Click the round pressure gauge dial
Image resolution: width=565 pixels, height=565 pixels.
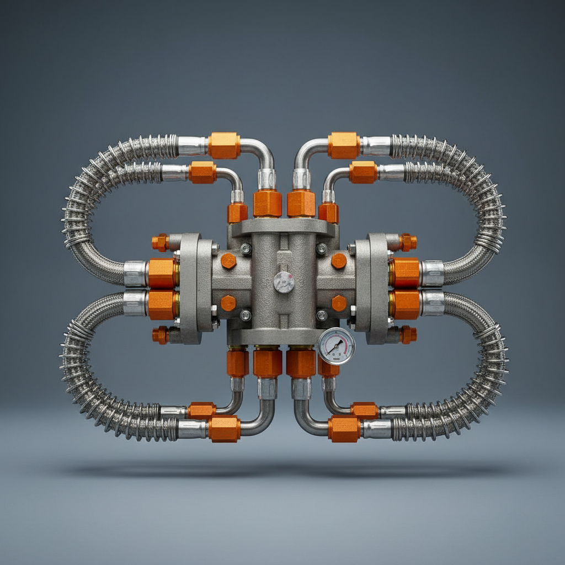(x=336, y=346)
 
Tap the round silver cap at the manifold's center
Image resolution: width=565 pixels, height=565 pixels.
(x=284, y=282)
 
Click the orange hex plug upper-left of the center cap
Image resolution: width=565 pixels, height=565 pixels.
(x=228, y=261)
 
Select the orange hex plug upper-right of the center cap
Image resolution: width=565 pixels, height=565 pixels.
(x=339, y=261)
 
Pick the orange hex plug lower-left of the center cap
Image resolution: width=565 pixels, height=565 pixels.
(x=228, y=303)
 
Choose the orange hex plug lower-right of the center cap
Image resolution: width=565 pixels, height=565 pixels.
(x=339, y=303)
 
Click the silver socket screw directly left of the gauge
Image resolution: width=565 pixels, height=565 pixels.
(x=321, y=316)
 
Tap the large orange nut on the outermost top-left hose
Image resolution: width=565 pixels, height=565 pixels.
(x=224, y=146)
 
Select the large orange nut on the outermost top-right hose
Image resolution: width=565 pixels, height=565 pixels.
(x=343, y=146)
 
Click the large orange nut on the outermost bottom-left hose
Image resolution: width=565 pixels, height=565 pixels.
(x=224, y=428)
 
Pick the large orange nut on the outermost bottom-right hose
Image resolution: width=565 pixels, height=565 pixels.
(x=344, y=428)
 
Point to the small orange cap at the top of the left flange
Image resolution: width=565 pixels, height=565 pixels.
(x=160, y=242)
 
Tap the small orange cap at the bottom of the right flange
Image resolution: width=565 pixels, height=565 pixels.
(x=408, y=334)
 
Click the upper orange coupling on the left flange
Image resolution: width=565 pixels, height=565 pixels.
(x=162, y=273)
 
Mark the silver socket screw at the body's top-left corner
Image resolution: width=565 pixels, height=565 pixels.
(x=246, y=249)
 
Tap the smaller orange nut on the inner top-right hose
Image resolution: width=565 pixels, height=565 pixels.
(x=363, y=172)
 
